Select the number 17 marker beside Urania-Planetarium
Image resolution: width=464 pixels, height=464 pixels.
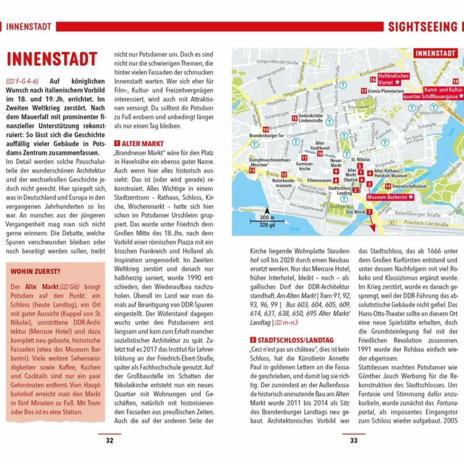point(364,91)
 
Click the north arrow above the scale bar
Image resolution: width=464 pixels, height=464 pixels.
point(267,211)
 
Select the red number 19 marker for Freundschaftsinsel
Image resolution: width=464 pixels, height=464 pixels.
point(388,186)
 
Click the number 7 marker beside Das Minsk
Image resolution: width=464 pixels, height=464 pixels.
point(369,212)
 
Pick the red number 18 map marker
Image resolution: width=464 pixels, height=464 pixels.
point(455,81)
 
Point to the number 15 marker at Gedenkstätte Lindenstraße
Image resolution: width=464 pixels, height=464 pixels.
point(294,118)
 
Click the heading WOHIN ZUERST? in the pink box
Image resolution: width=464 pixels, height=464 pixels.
point(36,271)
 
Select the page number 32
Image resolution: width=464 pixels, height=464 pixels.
point(110,440)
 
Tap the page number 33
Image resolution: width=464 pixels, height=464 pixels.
point(353,440)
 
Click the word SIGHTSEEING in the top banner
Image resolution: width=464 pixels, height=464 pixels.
point(422,27)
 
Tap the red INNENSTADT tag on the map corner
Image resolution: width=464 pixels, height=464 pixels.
point(435,53)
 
